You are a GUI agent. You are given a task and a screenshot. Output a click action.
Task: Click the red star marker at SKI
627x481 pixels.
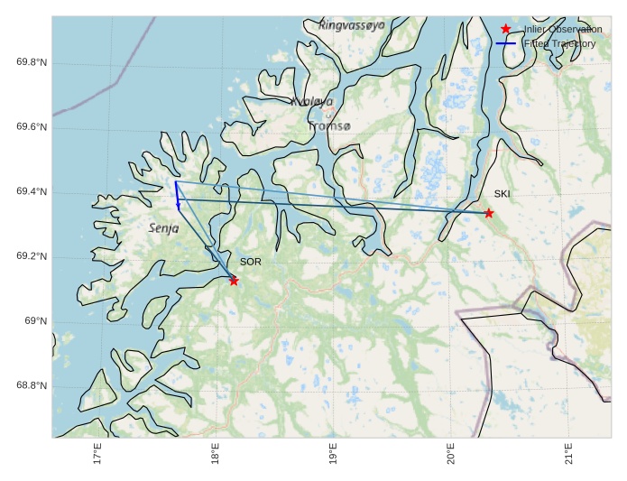point(489,213)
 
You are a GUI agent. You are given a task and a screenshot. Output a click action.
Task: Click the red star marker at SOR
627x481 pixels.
point(234,281)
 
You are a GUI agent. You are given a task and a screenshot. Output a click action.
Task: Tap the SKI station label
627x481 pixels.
point(502,194)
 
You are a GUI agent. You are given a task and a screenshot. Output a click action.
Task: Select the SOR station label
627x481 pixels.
point(251,262)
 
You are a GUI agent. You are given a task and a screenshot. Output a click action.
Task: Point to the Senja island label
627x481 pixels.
point(163,229)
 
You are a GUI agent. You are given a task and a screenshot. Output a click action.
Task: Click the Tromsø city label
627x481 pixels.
point(328,126)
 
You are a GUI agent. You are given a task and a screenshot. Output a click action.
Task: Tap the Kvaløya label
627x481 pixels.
point(312,102)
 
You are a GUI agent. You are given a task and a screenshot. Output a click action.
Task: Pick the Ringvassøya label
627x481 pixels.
point(352,25)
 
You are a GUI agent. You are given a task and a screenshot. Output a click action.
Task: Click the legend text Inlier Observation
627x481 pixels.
point(562,30)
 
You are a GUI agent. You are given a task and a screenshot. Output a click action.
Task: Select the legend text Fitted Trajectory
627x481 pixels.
point(559,43)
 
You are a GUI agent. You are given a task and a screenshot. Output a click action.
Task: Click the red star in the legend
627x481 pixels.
point(505,30)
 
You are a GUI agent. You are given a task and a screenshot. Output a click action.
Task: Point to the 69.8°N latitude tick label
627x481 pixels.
point(32,62)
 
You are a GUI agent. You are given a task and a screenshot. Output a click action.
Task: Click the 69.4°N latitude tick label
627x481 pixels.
point(32,192)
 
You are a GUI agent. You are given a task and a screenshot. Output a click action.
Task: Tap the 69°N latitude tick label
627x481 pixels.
point(35,322)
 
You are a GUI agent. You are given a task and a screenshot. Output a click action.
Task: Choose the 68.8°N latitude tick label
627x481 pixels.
point(32,386)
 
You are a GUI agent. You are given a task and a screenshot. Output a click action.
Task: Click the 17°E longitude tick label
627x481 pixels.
point(97,457)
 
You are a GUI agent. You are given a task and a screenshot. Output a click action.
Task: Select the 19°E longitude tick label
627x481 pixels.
point(333,457)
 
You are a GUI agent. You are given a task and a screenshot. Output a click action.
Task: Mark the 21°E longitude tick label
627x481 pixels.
point(568,457)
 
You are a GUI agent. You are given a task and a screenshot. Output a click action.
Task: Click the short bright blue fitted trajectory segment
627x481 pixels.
point(177,195)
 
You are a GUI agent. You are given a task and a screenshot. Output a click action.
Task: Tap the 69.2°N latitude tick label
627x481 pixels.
point(32,257)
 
